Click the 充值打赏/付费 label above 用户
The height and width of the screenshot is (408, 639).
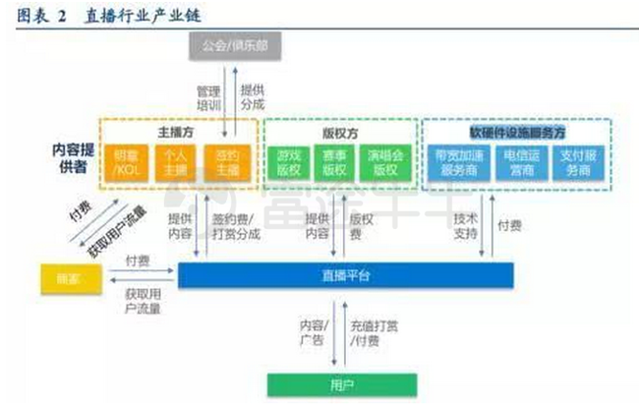click(x=370, y=331)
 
